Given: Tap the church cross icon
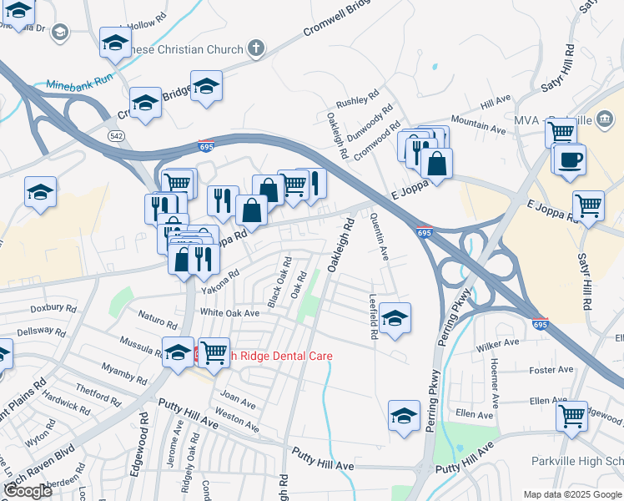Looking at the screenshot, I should [x=256, y=48].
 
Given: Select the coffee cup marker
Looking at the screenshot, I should [x=571, y=159].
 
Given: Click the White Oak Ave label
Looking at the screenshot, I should [x=229, y=313].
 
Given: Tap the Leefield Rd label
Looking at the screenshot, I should [x=374, y=317].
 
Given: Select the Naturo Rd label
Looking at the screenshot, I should [x=158, y=321].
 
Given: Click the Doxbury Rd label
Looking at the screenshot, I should [x=48, y=309].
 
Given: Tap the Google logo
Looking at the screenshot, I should [x=27, y=492].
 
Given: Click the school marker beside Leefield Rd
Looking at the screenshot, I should [x=395, y=317].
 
